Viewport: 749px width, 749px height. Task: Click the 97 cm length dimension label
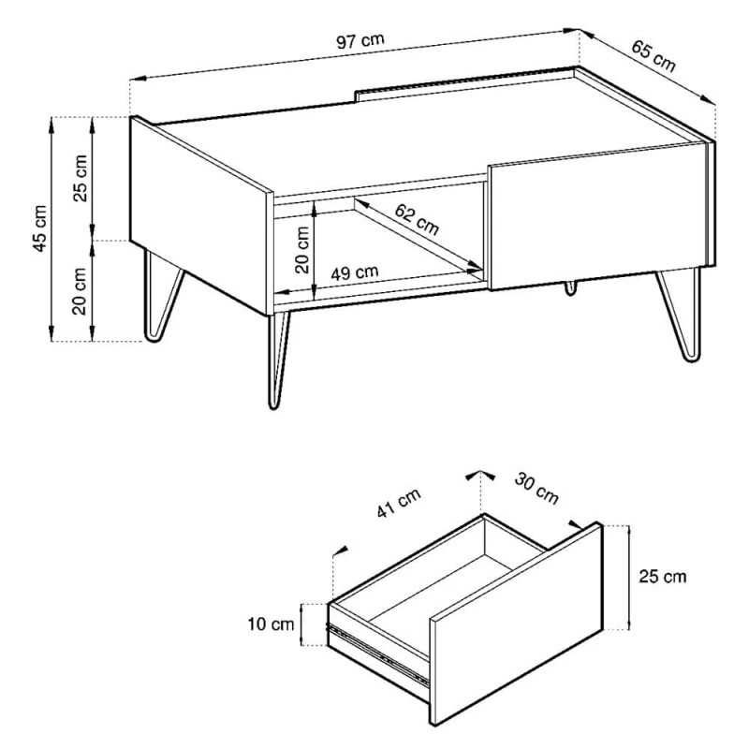click(360, 41)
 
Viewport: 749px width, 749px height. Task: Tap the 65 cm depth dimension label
click(653, 56)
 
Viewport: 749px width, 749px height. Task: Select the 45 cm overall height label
click(40, 228)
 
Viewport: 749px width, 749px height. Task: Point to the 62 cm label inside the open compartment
click(416, 220)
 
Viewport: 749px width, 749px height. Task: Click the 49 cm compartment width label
click(355, 273)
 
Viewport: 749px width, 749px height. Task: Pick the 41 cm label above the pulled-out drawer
click(399, 503)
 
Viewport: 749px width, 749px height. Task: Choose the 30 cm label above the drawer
click(536, 488)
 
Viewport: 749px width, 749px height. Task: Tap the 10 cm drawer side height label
click(271, 624)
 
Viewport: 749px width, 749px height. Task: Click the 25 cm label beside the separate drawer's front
click(663, 577)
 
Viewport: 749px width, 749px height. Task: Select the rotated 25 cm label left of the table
click(81, 179)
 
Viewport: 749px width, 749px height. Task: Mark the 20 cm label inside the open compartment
click(302, 249)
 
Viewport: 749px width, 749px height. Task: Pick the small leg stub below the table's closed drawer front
click(570, 288)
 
